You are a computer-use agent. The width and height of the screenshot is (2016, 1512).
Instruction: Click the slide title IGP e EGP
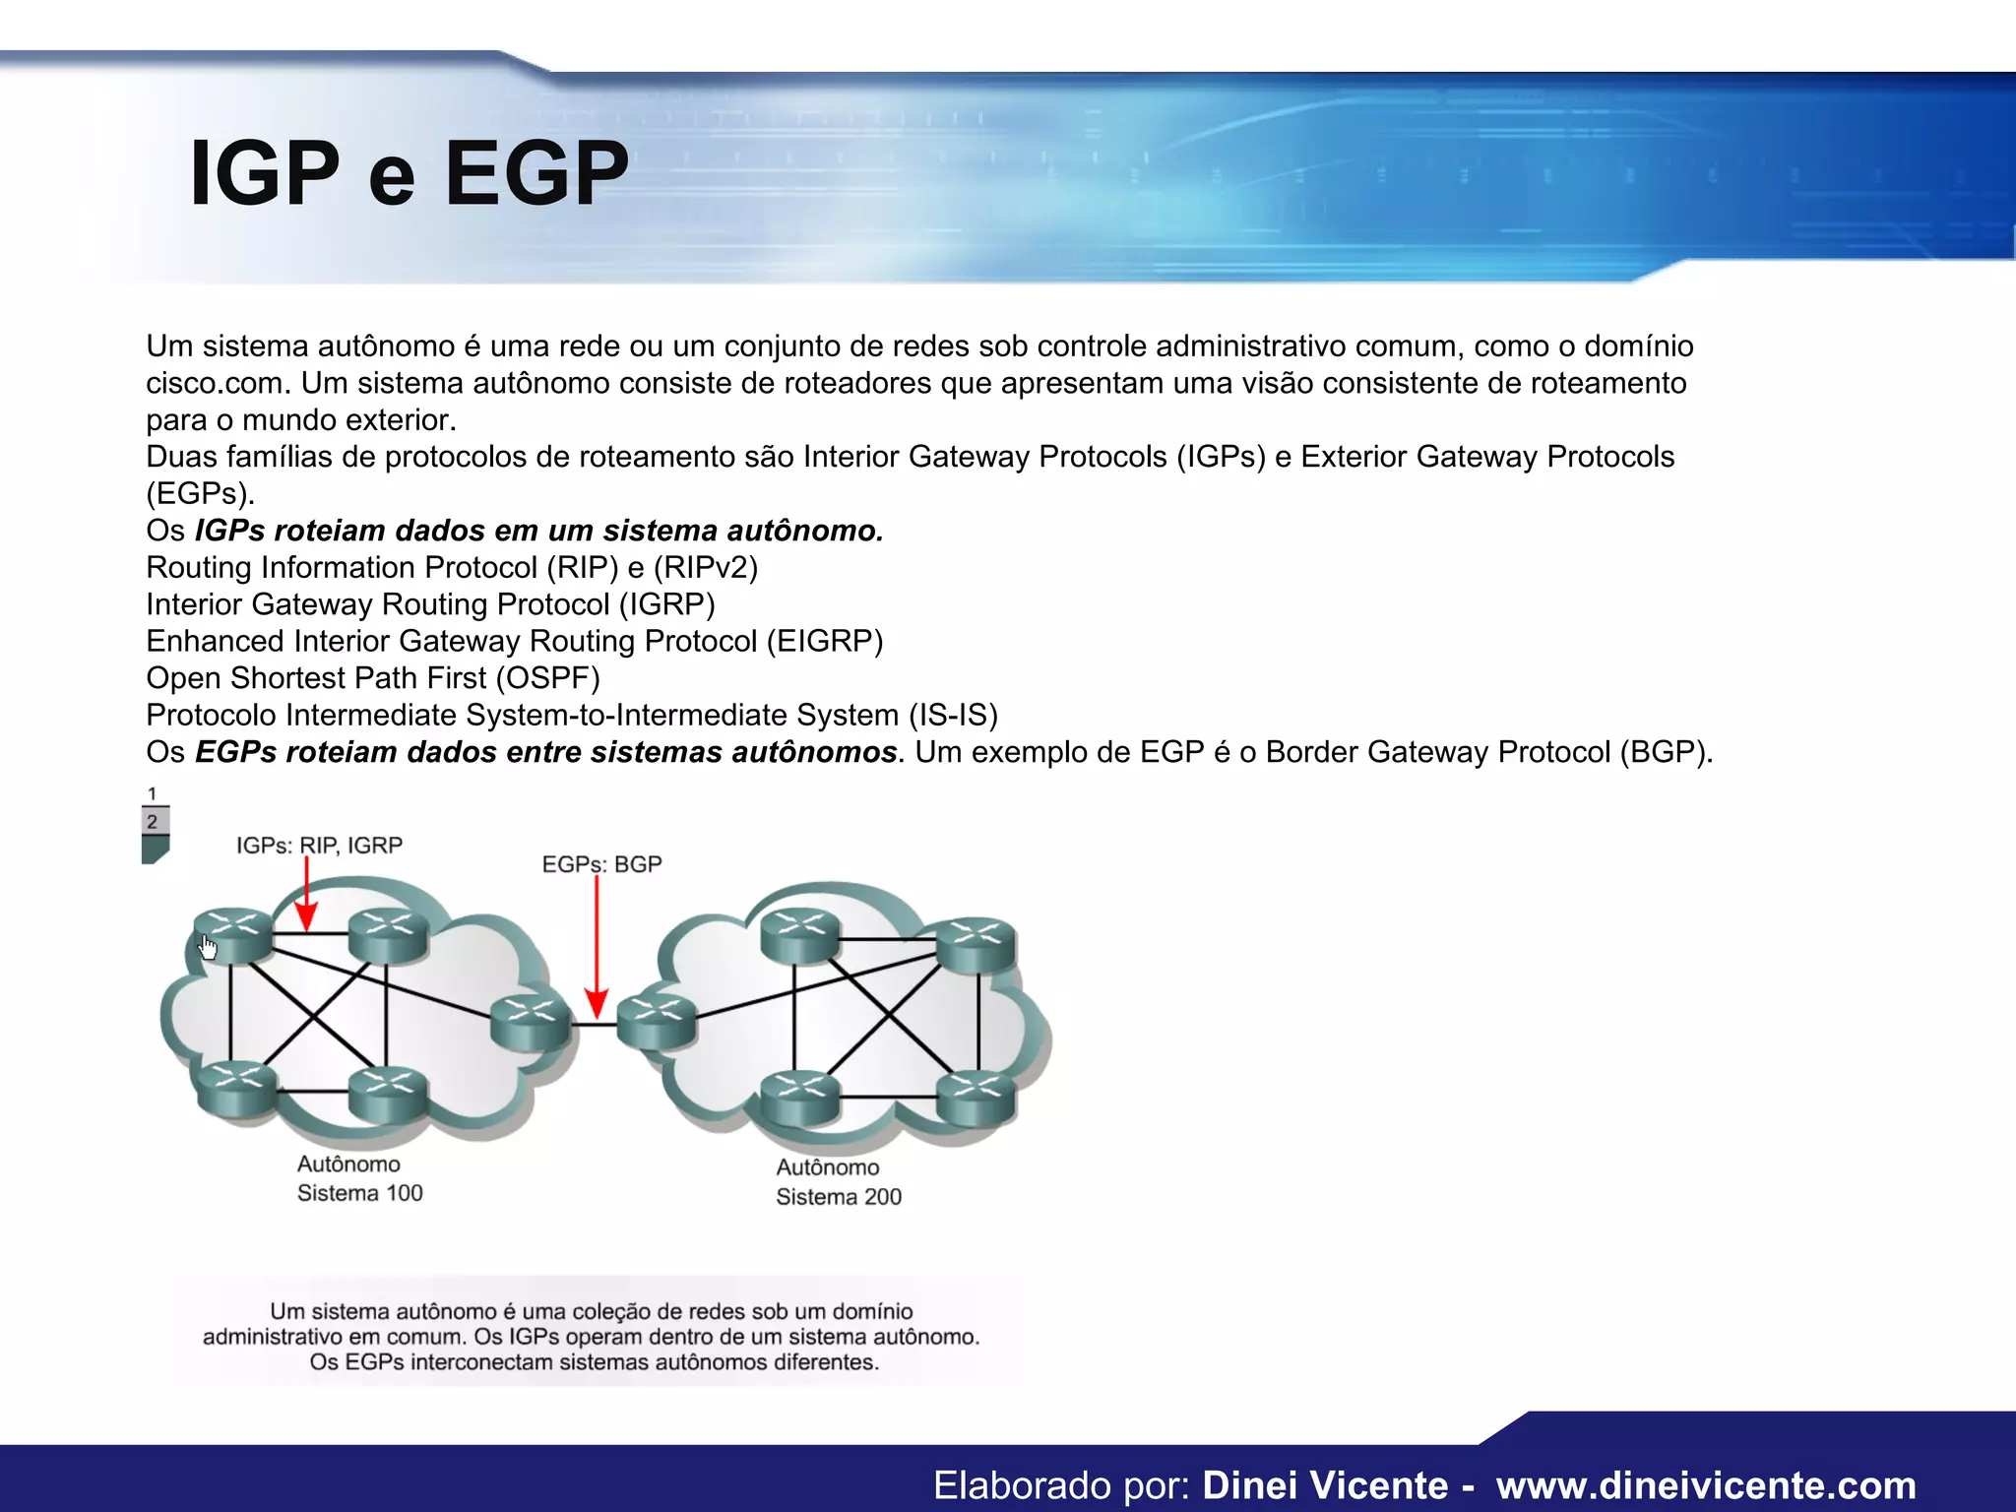409,174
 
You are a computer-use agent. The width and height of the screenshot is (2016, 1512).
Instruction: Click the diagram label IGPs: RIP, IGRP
319,846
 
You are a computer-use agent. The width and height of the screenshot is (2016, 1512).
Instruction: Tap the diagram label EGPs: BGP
601,864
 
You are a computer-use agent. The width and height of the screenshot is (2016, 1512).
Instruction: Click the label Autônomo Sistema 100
359,1178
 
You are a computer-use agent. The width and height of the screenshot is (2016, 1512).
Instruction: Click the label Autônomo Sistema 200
838,1182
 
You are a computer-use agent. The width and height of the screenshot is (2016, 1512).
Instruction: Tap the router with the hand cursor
233,934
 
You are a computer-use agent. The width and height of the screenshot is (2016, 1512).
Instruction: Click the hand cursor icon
208,948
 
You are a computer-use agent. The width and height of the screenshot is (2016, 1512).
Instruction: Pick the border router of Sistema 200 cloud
657,1021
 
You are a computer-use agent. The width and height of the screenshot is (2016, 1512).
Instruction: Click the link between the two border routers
594,1026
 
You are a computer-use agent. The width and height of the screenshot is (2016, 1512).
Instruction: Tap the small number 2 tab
153,822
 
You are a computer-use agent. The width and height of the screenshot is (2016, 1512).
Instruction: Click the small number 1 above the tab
152,793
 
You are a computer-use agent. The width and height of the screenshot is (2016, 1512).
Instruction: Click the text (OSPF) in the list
547,678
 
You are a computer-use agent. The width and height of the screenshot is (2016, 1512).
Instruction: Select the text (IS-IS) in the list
953,716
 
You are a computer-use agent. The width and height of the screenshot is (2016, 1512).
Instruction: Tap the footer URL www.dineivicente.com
1706,1485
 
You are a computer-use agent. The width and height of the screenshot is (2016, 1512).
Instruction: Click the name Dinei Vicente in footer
1325,1485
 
